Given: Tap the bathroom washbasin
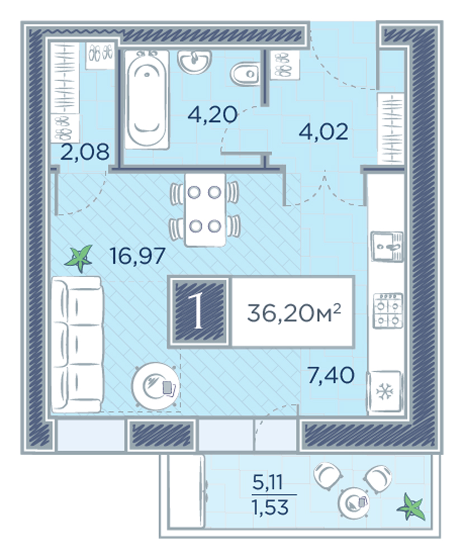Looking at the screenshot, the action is click(x=195, y=61).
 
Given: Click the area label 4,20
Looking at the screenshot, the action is click(x=212, y=115).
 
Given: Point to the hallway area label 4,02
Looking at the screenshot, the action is click(x=323, y=132).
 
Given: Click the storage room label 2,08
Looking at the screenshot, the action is click(x=85, y=153).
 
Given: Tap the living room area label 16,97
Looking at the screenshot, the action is click(x=138, y=256).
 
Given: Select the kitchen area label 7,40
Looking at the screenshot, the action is click(x=331, y=375).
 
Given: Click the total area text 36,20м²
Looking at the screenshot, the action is click(x=294, y=314).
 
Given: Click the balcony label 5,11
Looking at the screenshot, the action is click(x=267, y=483).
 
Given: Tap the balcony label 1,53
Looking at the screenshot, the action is click(x=270, y=507).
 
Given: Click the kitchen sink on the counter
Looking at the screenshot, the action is click(x=387, y=246).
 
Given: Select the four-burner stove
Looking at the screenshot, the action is click(x=387, y=310).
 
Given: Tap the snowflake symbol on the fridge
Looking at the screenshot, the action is click(x=385, y=392).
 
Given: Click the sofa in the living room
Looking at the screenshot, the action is click(x=77, y=344).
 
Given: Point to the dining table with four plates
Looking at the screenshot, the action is click(x=205, y=210).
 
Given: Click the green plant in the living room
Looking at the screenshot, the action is click(x=79, y=258).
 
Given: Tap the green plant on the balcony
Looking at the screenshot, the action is click(x=411, y=507).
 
